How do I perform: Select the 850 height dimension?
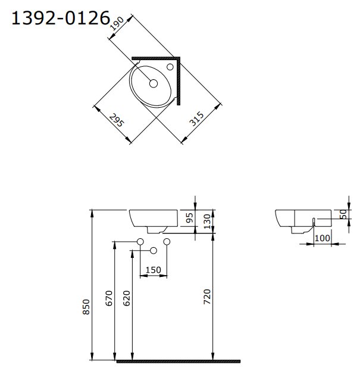click(86, 307)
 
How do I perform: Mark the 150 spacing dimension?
click(153, 270)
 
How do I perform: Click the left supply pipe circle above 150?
click(140, 241)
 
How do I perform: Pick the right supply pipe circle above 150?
click(167, 241)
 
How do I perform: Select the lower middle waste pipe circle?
click(154, 250)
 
